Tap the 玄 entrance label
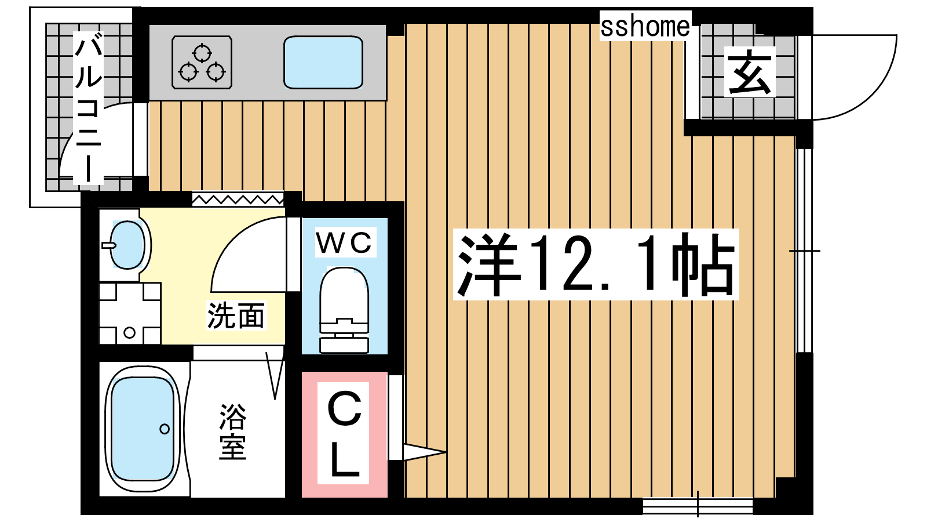click(750, 72)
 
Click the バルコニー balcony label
click(88, 108)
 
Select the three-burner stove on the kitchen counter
click(202, 62)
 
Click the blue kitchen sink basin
click(323, 62)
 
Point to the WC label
click(344, 243)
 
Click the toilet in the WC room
click(344, 310)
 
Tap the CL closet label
click(344, 433)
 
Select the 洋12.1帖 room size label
click(596, 264)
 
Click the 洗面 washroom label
click(236, 316)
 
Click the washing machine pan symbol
click(130, 313)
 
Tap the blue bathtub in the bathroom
click(143, 429)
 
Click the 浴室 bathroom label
click(232, 431)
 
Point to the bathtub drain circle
click(165, 429)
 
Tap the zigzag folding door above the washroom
click(238, 200)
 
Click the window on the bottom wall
click(698, 506)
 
